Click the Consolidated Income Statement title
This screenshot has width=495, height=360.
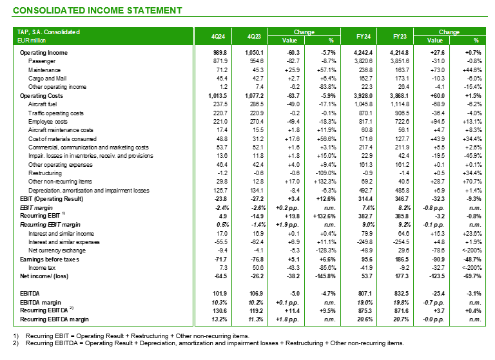(97, 10)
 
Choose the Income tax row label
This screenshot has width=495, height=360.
(43, 267)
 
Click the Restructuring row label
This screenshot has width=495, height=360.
(45, 173)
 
